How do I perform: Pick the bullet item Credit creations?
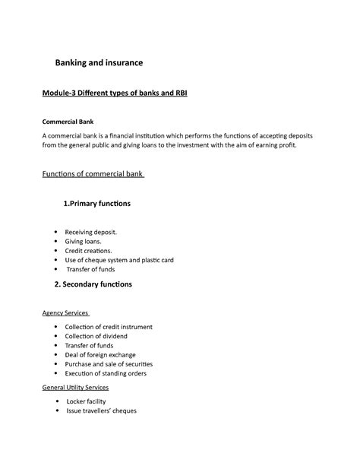click(88, 250)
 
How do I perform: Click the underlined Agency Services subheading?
click(66, 312)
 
